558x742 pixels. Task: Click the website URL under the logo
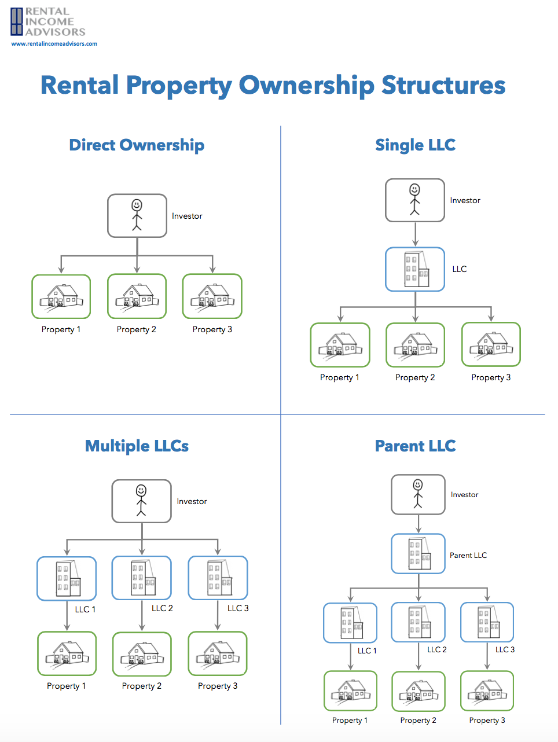point(54,43)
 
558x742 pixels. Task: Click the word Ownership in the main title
point(306,85)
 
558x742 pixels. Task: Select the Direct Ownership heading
point(137,145)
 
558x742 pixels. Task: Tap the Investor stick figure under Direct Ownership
point(137,215)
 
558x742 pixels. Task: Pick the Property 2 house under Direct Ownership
point(137,296)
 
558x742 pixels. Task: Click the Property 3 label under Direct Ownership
point(212,329)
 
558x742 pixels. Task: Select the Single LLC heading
point(415,145)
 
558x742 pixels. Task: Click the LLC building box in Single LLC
point(415,269)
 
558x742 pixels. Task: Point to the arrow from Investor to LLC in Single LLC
point(415,234)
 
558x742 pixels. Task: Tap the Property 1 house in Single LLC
point(340,345)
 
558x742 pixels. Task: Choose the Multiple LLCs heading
point(137,446)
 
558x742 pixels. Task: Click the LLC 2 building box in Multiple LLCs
point(142,578)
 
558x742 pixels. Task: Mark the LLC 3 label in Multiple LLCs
point(238,608)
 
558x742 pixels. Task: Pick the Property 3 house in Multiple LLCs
point(218,653)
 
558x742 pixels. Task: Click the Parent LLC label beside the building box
point(468,555)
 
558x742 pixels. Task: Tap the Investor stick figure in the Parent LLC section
point(418,494)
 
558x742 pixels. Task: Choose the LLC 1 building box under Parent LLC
point(350,623)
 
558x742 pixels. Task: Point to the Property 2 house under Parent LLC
point(419,691)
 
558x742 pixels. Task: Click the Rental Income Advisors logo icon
point(17,21)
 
